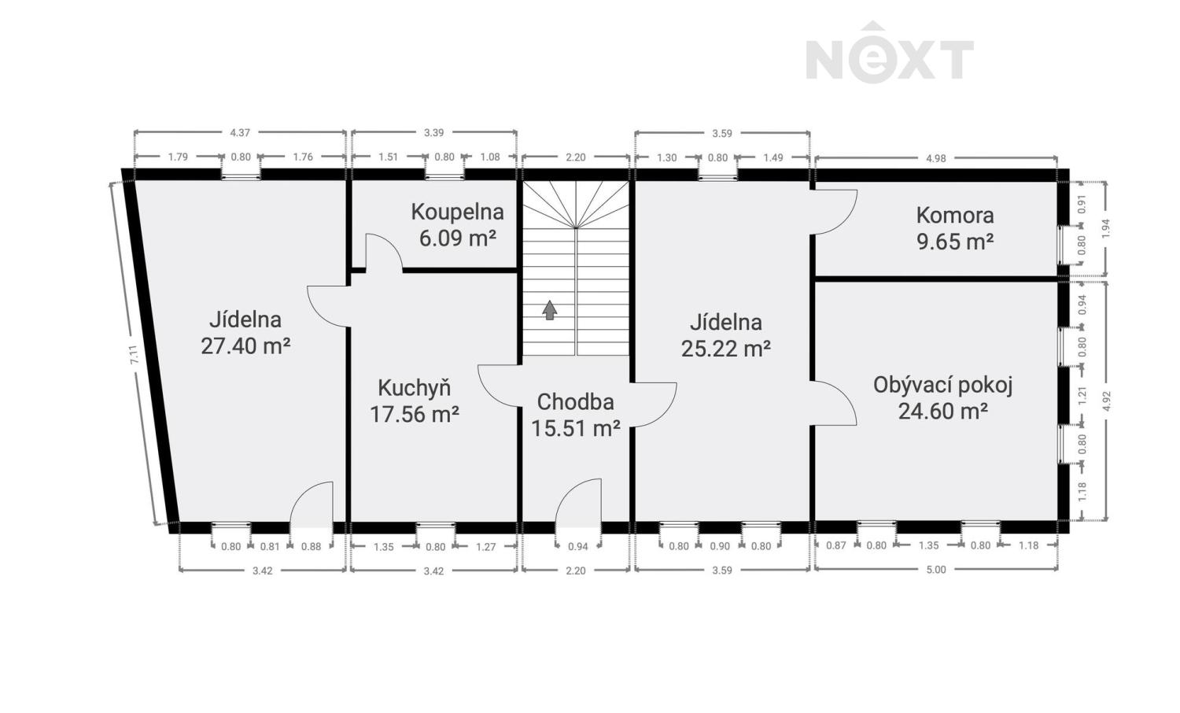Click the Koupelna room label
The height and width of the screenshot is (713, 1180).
[x=457, y=212]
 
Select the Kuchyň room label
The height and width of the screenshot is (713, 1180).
[x=415, y=389]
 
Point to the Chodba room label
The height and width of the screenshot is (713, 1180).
[x=575, y=402]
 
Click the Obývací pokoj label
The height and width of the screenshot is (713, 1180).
[x=943, y=385]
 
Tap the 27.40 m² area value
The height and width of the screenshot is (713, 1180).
[x=245, y=346]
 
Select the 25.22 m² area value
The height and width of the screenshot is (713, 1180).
[x=726, y=349]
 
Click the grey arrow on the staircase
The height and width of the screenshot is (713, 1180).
[x=549, y=310]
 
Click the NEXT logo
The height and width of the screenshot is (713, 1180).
[x=890, y=53]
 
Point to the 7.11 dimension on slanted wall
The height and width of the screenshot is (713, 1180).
[x=134, y=354]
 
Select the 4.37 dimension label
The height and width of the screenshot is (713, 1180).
[x=240, y=133]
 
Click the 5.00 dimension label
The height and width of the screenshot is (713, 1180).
[x=936, y=570]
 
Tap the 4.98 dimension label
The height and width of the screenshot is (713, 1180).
[x=936, y=158]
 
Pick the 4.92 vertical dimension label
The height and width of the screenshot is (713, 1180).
[x=1106, y=401]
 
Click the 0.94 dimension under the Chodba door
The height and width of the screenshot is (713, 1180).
[x=578, y=546]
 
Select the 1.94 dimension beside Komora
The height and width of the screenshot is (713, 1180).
[x=1106, y=228]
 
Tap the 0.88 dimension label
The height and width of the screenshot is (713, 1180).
[x=311, y=546]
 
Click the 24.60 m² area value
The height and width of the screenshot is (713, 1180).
[x=943, y=411]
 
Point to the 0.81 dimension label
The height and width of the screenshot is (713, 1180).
[x=270, y=546]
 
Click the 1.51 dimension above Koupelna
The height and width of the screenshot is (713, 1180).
[x=389, y=157]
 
